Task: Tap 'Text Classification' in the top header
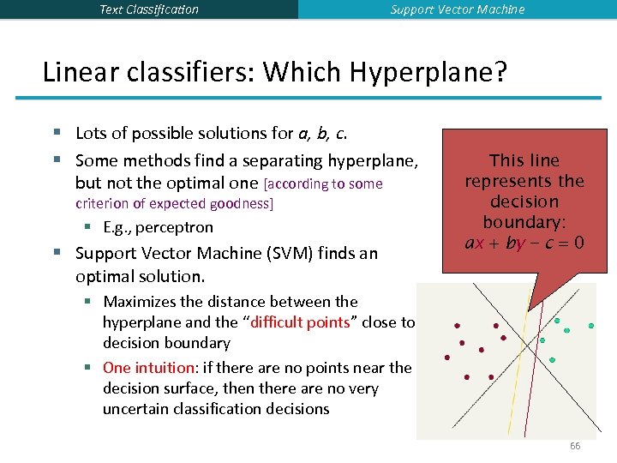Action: pyautogui.click(x=149, y=9)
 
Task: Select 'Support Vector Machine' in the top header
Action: pyautogui.click(x=458, y=9)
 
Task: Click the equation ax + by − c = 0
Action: pyautogui.click(x=524, y=243)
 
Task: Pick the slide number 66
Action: pyautogui.click(x=575, y=446)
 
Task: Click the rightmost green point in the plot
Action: pyautogui.click(x=590, y=327)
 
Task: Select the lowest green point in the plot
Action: pyautogui.click(x=552, y=360)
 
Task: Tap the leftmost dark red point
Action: pyautogui.click(x=446, y=358)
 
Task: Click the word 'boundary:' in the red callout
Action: pyautogui.click(x=524, y=222)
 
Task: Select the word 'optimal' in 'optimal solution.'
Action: pyautogui.click(x=101, y=277)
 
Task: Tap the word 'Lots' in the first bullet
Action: pyautogui.click(x=92, y=133)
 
